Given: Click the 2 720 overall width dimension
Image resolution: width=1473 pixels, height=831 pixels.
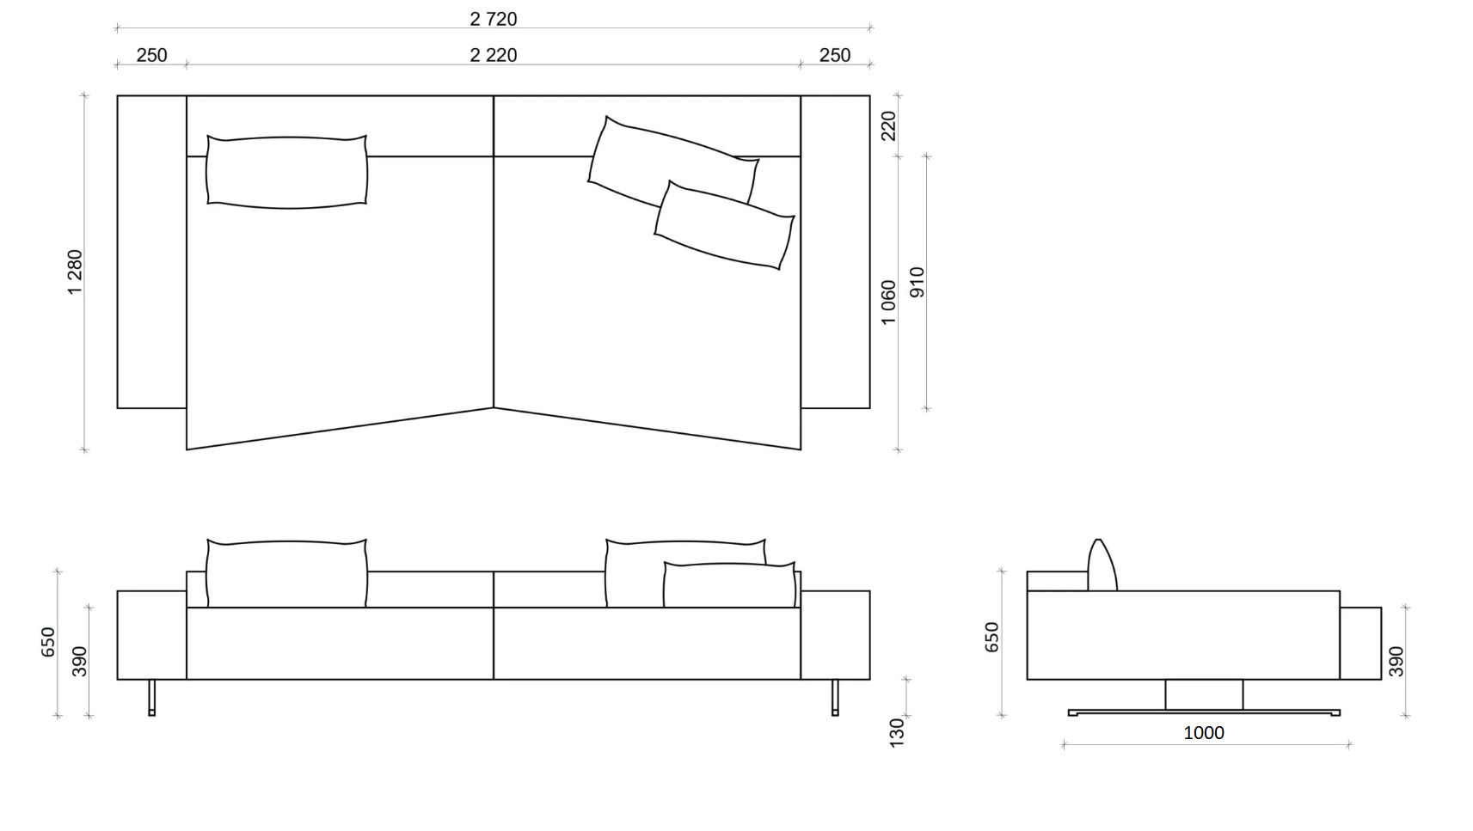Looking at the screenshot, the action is coord(494,19).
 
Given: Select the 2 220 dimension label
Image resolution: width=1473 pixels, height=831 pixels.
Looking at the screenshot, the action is coord(494,55).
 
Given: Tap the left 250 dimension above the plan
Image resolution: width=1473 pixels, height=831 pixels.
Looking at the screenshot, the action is coord(151,55).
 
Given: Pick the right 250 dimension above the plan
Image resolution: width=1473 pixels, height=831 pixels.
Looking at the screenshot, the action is coord(834,55).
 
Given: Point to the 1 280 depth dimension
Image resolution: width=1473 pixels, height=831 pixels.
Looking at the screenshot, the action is coord(75,272).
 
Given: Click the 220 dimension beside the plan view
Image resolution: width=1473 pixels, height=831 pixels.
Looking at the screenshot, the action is coord(888,126).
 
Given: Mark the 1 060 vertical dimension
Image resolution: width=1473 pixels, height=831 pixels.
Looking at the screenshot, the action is coord(888,302).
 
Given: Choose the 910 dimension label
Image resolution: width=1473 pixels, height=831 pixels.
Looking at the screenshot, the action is coord(917,282).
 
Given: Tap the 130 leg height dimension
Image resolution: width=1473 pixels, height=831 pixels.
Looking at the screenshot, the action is coord(896,732).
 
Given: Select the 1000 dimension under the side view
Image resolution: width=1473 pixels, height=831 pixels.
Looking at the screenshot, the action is coord(1203,733).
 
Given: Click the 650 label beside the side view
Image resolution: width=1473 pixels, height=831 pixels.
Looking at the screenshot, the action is coord(991,637).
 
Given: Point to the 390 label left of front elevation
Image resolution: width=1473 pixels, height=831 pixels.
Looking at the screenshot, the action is coord(79,662).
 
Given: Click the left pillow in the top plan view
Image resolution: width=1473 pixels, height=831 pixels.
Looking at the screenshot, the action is coord(286,172).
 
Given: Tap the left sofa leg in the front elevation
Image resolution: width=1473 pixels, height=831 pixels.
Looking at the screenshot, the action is coord(152,698).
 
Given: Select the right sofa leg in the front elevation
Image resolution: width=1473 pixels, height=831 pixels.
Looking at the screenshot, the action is coord(835,698).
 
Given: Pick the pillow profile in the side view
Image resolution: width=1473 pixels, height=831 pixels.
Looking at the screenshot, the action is coord(1102,565).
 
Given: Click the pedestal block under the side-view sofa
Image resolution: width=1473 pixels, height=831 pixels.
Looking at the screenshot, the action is coord(1204,694).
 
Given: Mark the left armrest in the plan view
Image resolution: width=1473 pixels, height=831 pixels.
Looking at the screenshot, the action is coord(152,252).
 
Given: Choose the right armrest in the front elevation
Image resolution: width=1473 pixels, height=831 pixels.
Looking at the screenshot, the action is coord(835,635).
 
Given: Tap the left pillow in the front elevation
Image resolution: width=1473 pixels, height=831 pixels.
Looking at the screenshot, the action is coord(286,573).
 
